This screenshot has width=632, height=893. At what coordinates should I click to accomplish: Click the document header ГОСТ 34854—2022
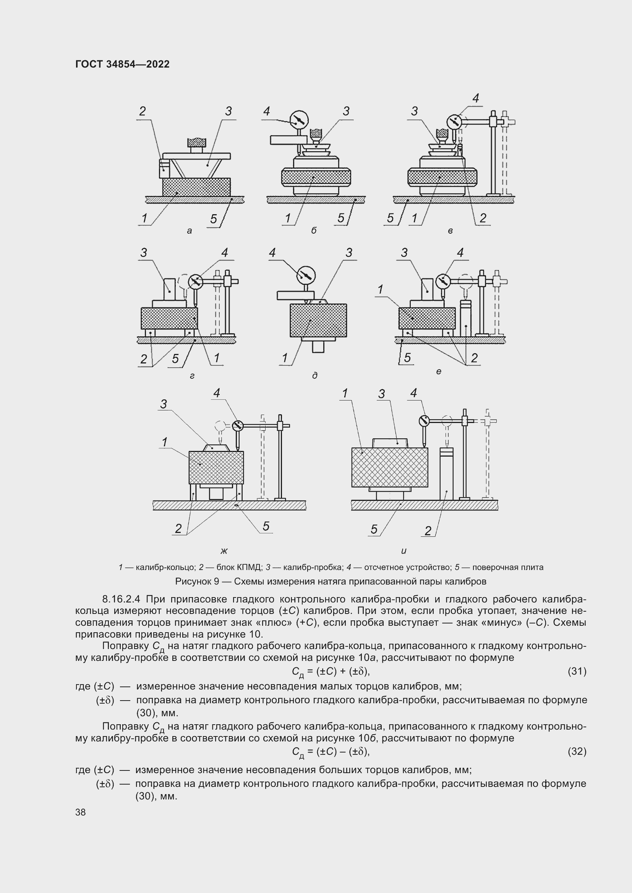[x=122, y=65]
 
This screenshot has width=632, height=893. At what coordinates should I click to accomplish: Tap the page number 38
[x=81, y=812]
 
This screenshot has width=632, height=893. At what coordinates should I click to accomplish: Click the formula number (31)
[x=577, y=671]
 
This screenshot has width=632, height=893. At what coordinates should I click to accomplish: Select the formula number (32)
[x=577, y=751]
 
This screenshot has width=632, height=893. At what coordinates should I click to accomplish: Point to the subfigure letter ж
[x=224, y=551]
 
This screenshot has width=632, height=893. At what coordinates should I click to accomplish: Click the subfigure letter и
[x=404, y=551]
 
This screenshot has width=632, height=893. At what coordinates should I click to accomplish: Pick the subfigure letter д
[x=314, y=375]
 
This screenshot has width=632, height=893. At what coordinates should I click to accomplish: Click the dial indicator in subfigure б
[x=299, y=120]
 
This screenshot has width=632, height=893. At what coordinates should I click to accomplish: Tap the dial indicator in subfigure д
[x=306, y=275]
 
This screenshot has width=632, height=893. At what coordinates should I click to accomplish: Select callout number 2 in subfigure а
[x=143, y=111]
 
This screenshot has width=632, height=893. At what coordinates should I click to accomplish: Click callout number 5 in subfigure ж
[x=266, y=526]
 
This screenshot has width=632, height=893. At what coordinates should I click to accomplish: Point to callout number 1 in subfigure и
[x=344, y=394]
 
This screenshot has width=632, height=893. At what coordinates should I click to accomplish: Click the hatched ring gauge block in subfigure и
[x=389, y=467]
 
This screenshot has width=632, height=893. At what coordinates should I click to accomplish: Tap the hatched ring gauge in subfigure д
[x=318, y=320]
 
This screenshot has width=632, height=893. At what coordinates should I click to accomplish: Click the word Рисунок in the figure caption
[x=193, y=581]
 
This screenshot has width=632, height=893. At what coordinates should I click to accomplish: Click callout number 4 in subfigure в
[x=476, y=99]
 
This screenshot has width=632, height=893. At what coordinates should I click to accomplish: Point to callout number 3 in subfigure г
[x=144, y=253]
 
